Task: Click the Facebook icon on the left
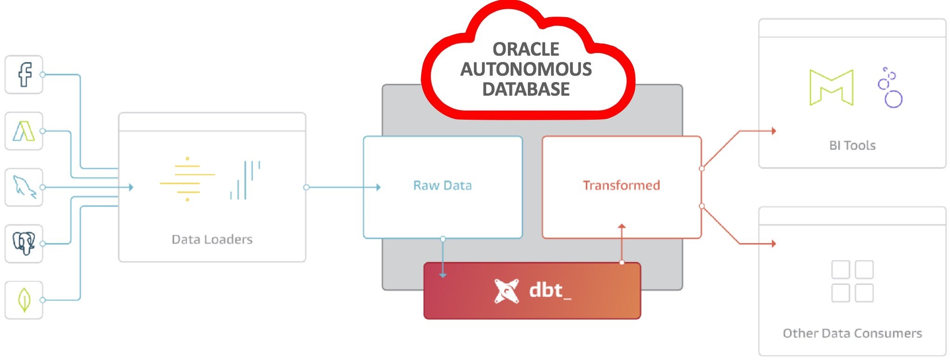tap(24, 75)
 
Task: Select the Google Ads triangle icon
tap(24, 131)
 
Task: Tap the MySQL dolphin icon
tap(24, 187)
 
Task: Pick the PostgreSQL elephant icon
tap(24, 244)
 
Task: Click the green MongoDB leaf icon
tap(24, 300)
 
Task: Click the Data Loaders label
tap(212, 239)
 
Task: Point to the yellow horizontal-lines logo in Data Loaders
tap(187, 179)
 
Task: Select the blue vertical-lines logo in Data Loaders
tap(245, 180)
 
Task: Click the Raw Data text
tap(443, 186)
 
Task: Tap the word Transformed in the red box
tap(621, 186)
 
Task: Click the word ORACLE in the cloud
tap(526, 49)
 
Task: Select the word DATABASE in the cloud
tap(526, 89)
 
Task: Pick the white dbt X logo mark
tap(506, 291)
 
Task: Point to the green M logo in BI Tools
tap(831, 88)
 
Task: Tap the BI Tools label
tap(852, 146)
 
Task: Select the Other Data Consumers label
tap(852, 334)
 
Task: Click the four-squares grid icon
tap(852, 281)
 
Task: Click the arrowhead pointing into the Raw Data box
tap(379, 187)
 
